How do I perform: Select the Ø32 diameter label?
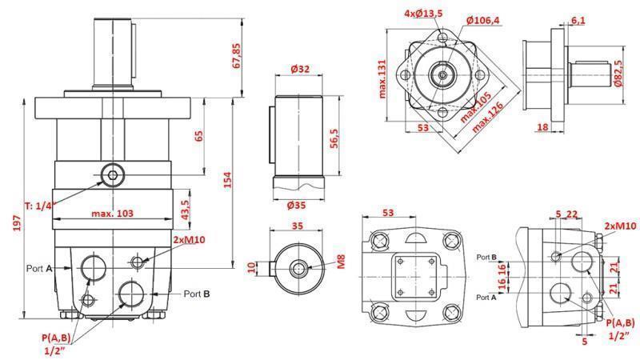[299, 70]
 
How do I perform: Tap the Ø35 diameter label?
[298, 206]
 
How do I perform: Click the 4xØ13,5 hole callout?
[422, 14]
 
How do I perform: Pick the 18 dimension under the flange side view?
[542, 126]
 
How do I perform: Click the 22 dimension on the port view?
[572, 214]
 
